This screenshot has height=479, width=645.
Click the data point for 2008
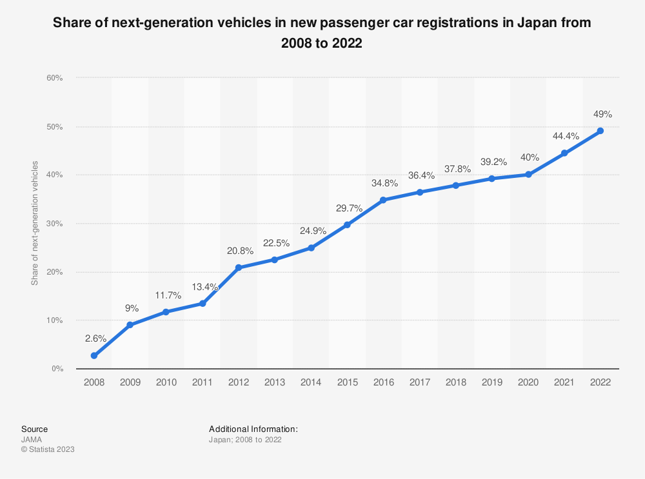tap(94, 355)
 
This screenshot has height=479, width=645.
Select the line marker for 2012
tap(239, 268)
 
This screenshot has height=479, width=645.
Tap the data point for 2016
tap(383, 200)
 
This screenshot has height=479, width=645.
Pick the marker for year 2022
tap(600, 131)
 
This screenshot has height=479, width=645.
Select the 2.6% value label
tap(95, 338)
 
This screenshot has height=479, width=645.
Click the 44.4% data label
tap(565, 136)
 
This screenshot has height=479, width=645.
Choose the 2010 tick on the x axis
tap(166, 382)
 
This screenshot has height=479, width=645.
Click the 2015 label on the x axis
tap(347, 382)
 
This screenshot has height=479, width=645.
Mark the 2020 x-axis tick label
tap(528, 382)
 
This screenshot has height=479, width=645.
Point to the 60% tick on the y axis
tap(54, 78)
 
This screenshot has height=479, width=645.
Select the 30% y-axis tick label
tap(54, 224)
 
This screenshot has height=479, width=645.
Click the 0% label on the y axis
tap(56, 369)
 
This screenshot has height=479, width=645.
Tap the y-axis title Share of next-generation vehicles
tap(34, 223)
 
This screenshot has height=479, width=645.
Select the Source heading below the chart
tap(34, 429)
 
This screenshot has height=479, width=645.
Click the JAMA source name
tap(32, 440)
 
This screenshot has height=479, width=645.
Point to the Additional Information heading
tap(253, 429)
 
